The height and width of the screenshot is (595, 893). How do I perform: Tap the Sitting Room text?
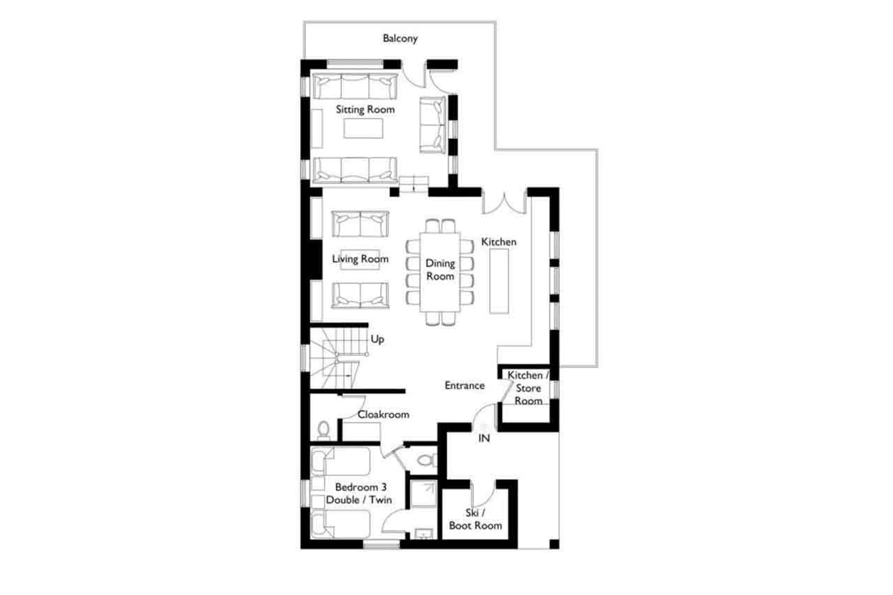point(365,110)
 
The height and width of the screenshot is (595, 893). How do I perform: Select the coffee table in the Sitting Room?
point(363,128)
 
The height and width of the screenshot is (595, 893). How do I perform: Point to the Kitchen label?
point(498,242)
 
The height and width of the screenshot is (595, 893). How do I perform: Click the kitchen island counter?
point(498,281)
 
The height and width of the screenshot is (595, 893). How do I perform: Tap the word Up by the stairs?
point(377,339)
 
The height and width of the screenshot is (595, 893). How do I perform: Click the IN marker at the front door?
point(483,438)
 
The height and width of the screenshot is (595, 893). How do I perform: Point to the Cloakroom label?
point(383,414)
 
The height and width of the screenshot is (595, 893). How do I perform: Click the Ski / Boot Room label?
point(475,519)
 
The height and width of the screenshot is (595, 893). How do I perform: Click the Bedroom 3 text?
point(360,487)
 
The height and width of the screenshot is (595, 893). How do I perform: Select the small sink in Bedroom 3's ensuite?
point(423,534)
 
